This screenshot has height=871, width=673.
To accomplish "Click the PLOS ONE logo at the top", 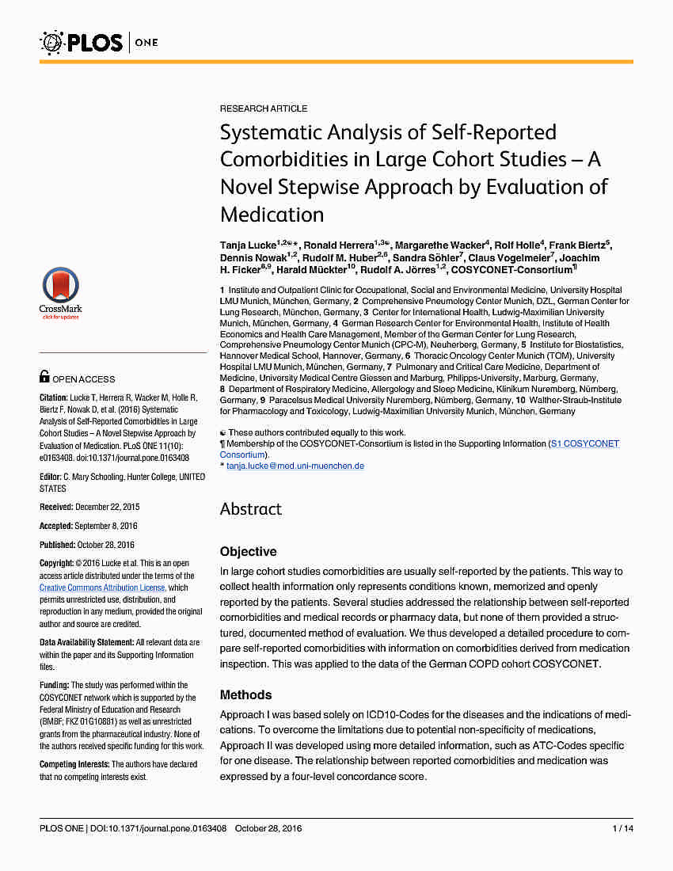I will click(x=99, y=41).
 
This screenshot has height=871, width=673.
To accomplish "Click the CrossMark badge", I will click(x=60, y=293).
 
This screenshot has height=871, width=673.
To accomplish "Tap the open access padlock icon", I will click(x=44, y=378).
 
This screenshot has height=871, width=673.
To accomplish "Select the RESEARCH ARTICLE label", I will click(x=264, y=108).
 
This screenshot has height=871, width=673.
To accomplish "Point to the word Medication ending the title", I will click(x=272, y=215).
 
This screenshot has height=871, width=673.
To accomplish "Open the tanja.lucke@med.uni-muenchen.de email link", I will click(x=295, y=466).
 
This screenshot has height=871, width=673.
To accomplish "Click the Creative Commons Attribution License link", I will click(x=102, y=588).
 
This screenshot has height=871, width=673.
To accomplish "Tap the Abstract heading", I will click(x=250, y=508).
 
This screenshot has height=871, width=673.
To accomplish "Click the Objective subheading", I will click(x=248, y=551).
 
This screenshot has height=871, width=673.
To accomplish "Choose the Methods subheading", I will click(x=245, y=694).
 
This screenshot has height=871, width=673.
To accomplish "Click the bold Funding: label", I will click(x=54, y=685).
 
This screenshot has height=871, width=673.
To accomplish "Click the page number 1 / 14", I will click(x=622, y=828).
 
